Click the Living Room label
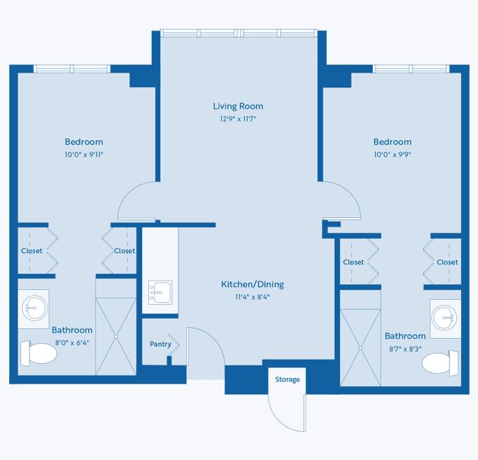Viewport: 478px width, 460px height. tap(238, 106)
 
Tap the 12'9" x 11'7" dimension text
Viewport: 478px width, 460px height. tap(238, 119)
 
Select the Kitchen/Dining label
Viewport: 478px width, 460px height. tap(252, 284)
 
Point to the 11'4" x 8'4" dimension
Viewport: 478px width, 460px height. tap(252, 297)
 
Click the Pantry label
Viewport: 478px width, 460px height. tap(160, 344)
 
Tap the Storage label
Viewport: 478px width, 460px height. tap(287, 380)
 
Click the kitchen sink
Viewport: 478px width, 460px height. tap(160, 293)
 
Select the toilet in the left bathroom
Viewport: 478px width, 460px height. tap(39, 353)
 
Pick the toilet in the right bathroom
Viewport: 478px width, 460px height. tap(440, 363)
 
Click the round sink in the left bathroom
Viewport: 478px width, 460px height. tap(34, 308)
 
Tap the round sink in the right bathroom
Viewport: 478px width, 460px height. tap(445, 318)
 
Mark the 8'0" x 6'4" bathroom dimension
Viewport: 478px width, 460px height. tap(72, 343)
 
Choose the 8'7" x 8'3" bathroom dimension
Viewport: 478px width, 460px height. tap(405, 349)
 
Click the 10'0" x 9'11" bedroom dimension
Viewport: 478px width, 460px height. tap(84, 155)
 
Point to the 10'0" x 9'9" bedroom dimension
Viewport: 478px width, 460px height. tap(393, 155)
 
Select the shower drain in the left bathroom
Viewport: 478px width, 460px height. tap(116, 337)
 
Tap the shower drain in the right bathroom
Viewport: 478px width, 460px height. tap(360, 348)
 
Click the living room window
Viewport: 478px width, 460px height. tap(239, 33)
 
